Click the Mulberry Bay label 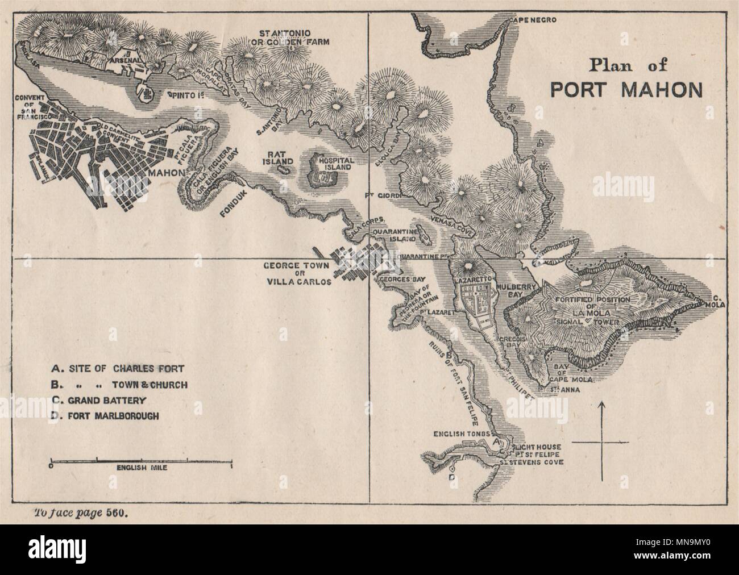(x=513, y=291)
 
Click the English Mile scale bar (x=142, y=459)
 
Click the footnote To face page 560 (x=78, y=511)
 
